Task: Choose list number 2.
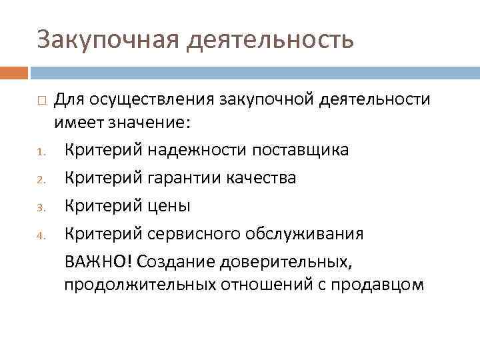[x=40, y=179]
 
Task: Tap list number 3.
[x=40, y=207]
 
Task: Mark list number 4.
[x=40, y=235]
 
